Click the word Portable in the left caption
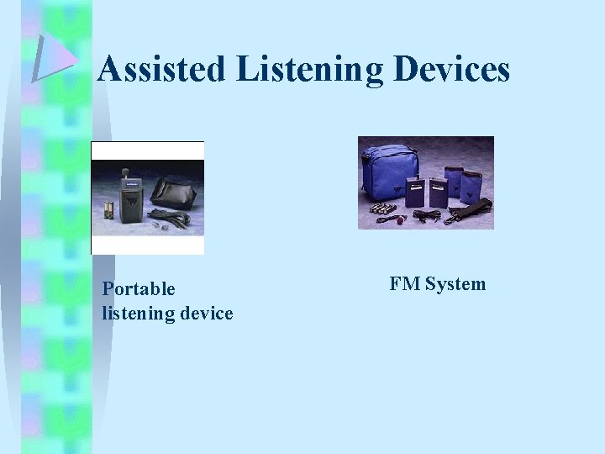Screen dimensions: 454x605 coord(139,289)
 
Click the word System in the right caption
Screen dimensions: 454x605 coord(455,284)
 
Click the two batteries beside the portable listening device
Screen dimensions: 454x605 coord(109,210)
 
